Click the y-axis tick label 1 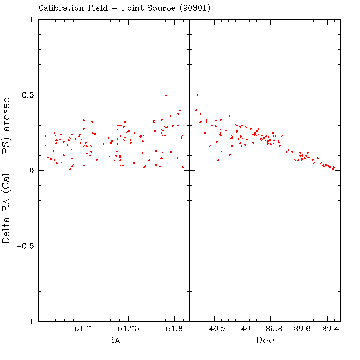(x=32, y=20)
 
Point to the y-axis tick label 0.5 (x=28, y=95)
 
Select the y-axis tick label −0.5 (x=25, y=246)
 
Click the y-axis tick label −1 (x=29, y=322)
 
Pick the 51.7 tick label (x=84, y=329)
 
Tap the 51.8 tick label (x=175, y=329)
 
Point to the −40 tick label (x=243, y=329)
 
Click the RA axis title (x=114, y=341)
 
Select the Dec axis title (x=265, y=341)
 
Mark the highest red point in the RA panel (x=166, y=95)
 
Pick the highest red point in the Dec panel (x=197, y=95)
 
